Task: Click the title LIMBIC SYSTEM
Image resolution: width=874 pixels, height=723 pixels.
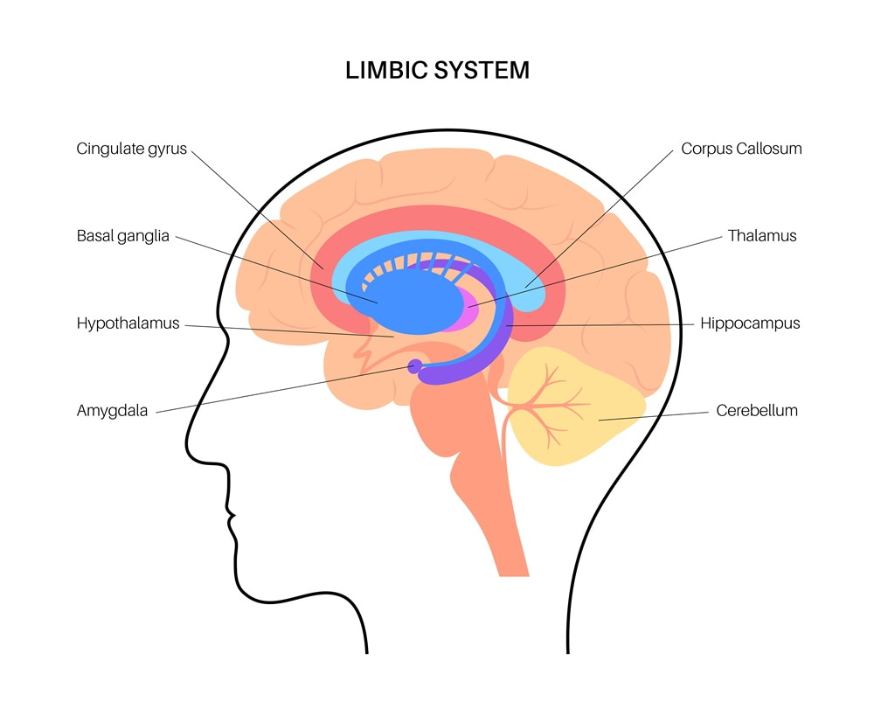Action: coord(437,70)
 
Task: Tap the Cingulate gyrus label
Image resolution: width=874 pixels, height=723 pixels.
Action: coord(132,149)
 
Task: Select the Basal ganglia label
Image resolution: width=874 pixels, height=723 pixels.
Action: coord(122,236)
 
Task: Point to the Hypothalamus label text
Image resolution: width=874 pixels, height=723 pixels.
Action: coord(128,323)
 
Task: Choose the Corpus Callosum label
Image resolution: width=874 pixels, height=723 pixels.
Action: coord(741,149)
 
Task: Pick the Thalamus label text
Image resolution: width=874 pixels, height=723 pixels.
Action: coord(762,236)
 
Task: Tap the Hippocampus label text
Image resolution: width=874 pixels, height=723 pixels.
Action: coord(750,323)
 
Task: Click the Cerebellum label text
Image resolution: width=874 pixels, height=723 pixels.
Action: coord(757,410)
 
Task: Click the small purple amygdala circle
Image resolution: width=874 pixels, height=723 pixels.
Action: coord(415,366)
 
